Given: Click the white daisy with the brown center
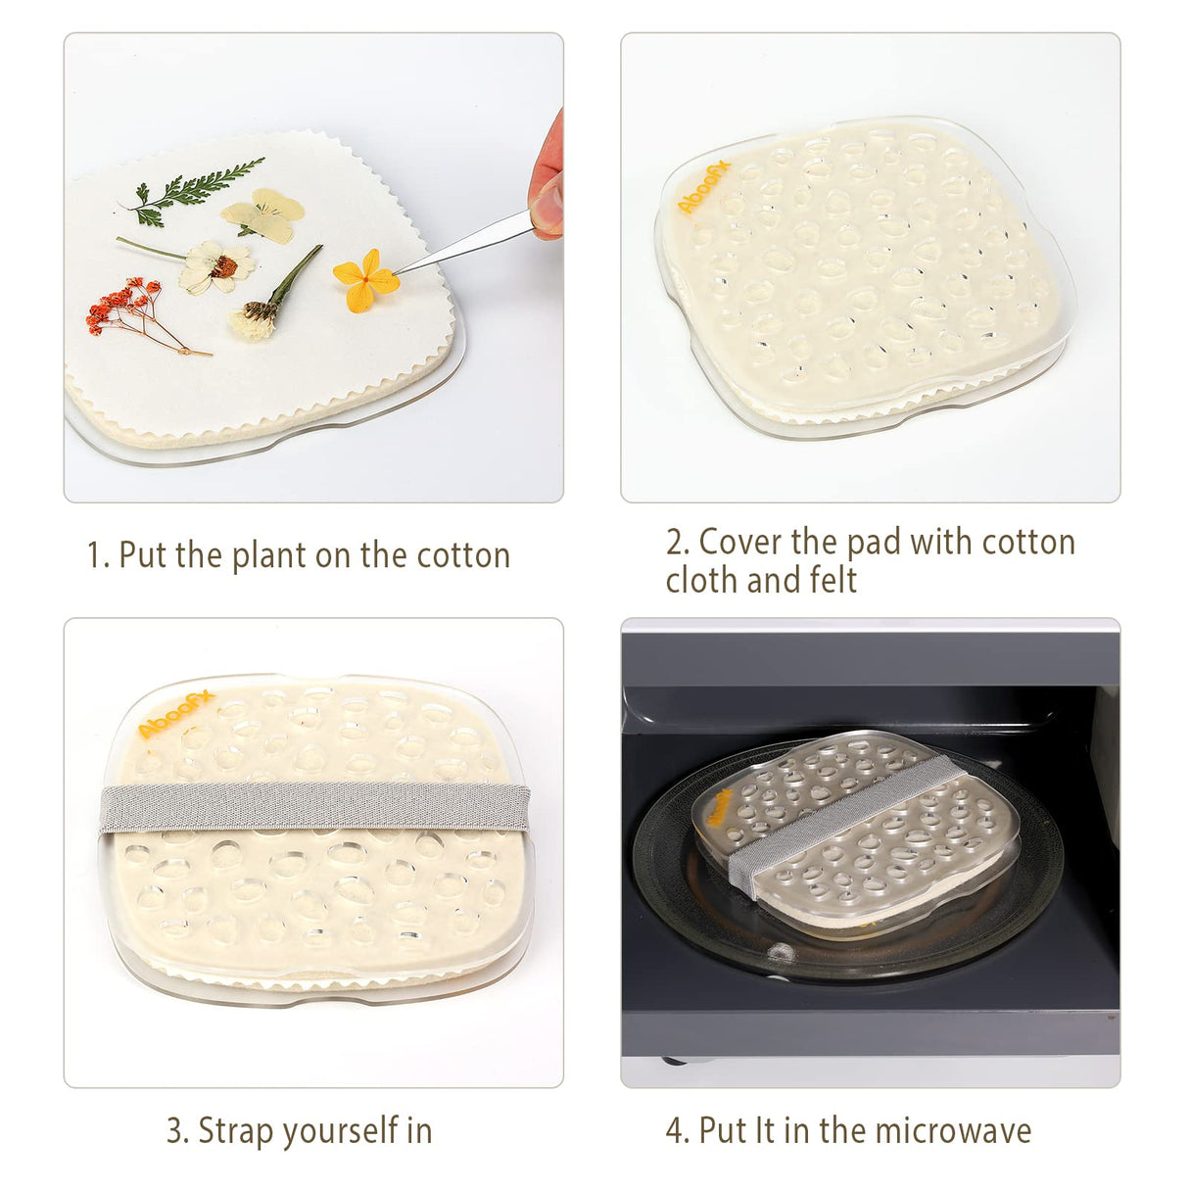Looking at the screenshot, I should (x=217, y=266).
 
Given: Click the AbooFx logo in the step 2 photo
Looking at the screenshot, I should (x=703, y=189).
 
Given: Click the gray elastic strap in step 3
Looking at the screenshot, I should (x=313, y=807).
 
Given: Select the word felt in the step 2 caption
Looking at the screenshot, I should (x=833, y=580).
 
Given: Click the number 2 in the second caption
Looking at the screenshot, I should (x=675, y=542).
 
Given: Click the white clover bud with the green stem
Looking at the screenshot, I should (x=257, y=319).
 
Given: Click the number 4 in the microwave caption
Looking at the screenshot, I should (x=675, y=1130).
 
